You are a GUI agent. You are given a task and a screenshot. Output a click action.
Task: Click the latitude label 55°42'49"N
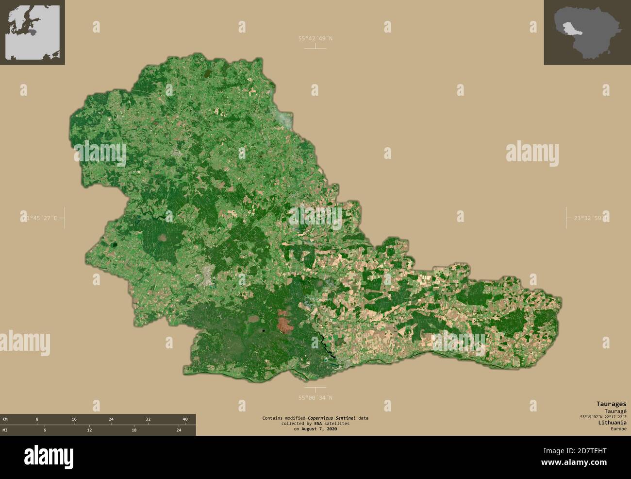coord(315,38)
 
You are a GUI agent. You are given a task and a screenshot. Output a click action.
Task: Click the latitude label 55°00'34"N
coord(315,398)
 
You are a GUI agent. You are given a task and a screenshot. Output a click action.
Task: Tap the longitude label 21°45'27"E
coord(39,218)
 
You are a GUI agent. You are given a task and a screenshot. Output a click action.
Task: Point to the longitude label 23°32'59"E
coord(590,218)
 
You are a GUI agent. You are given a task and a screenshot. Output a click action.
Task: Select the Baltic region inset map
coord(33,33)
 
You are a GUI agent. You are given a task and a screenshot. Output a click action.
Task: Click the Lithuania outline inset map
coord(587,33)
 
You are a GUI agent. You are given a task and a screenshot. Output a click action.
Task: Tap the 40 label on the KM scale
coord(185,419)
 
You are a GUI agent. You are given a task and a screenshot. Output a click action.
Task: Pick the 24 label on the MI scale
coord(179,430)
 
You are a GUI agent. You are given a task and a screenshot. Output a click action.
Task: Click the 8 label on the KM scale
coord(37,419)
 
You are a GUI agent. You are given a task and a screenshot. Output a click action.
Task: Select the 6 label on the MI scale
coord(45,430)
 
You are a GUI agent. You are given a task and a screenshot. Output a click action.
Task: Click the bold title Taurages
coord(611,404)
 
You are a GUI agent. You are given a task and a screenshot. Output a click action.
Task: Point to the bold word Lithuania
coord(612,423)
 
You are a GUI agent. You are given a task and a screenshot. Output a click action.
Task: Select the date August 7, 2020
coord(319,429)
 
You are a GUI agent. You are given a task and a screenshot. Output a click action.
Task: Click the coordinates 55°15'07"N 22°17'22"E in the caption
coord(603,416)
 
